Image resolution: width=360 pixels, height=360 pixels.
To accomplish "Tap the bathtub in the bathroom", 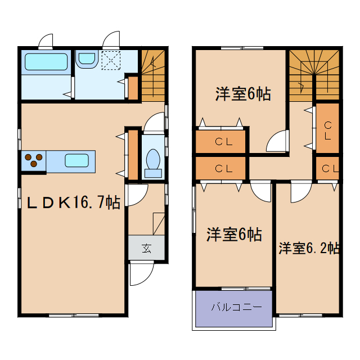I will tap(46, 62).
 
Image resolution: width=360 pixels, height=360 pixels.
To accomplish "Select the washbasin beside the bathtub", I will tap(86, 58).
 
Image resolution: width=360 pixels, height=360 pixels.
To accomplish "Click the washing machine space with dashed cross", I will tap(110, 59).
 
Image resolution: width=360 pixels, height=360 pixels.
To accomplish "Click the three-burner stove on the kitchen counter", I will tap(34, 161).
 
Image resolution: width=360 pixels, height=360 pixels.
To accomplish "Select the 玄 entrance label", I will tap(146, 248).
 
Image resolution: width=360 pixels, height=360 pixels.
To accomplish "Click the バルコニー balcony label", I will tap(233, 308).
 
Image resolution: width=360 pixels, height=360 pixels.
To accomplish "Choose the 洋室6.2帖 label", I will tap(308, 247).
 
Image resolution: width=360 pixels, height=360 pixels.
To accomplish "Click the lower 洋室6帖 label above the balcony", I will tap(233, 234).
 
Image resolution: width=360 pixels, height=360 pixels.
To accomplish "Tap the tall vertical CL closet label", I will tap(327, 130).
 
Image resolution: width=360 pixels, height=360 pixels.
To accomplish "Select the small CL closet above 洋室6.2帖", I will tap(328, 168).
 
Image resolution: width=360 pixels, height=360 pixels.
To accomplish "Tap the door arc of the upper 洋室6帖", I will tap(277, 142).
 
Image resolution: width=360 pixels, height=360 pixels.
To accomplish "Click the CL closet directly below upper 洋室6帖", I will tap(222, 142).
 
